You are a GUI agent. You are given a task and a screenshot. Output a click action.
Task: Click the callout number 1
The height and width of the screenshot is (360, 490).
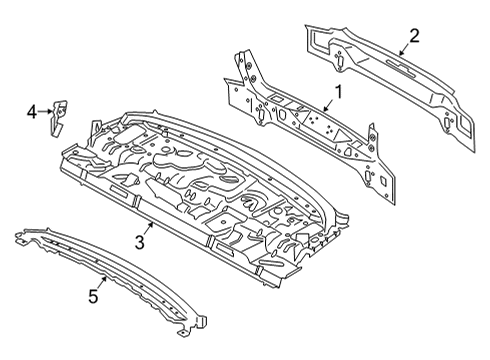click(x=337, y=93)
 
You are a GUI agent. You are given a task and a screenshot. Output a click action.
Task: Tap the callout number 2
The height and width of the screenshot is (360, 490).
click(x=413, y=36)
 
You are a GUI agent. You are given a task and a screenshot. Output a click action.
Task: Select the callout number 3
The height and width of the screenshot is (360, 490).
click(x=141, y=241)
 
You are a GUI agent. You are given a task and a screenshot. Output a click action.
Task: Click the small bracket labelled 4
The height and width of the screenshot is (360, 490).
click(x=60, y=113)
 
